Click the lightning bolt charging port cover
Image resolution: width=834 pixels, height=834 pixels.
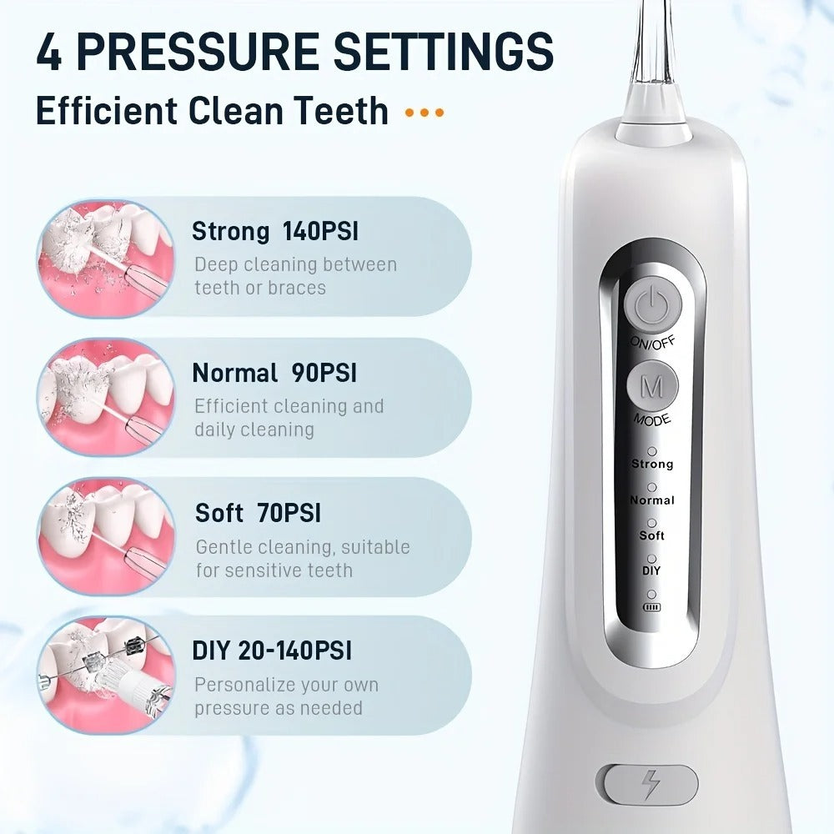(x=648, y=785)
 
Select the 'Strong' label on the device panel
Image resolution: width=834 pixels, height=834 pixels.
(x=651, y=464)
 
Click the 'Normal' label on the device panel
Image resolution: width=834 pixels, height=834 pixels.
(x=651, y=500)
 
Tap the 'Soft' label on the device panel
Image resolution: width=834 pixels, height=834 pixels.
(x=651, y=535)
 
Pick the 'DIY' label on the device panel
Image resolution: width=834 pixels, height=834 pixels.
(x=651, y=571)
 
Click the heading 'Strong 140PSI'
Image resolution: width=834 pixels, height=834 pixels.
(x=274, y=231)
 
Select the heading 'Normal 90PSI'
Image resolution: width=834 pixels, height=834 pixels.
(x=274, y=373)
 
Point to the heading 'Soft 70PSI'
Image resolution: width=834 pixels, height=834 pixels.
(x=258, y=513)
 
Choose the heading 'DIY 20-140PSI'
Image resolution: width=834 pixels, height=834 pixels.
(x=272, y=651)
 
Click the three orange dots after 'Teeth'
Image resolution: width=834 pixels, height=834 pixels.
(x=424, y=113)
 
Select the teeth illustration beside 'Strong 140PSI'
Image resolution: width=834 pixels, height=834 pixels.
(x=105, y=258)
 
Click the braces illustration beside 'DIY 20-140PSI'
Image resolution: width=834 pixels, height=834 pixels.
(x=105, y=676)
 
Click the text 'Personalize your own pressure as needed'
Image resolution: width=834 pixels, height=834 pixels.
(x=286, y=696)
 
